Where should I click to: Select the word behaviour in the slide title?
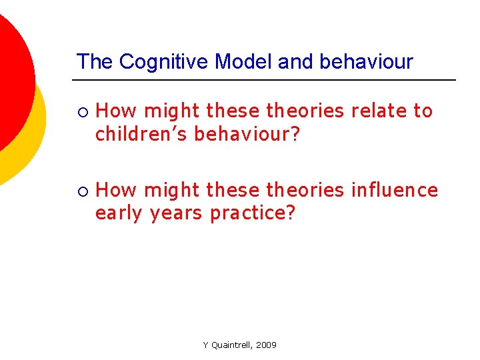tap(367, 62)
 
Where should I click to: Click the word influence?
tap(394, 191)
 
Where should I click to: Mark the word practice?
tap(252, 213)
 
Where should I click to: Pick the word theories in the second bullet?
tap(305, 191)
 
